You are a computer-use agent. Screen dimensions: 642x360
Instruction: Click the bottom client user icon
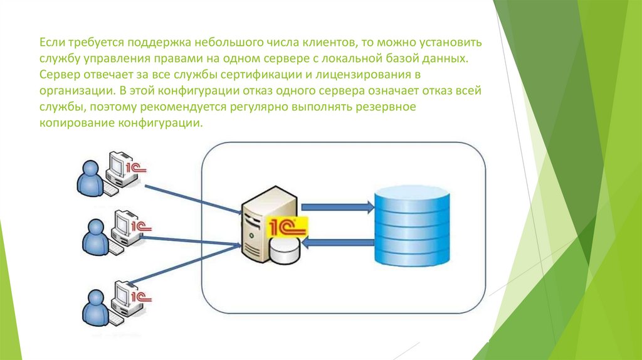click(95, 308)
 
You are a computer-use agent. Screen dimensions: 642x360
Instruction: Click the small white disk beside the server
click(285, 252)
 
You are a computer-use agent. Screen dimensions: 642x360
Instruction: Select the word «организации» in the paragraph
click(71, 91)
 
